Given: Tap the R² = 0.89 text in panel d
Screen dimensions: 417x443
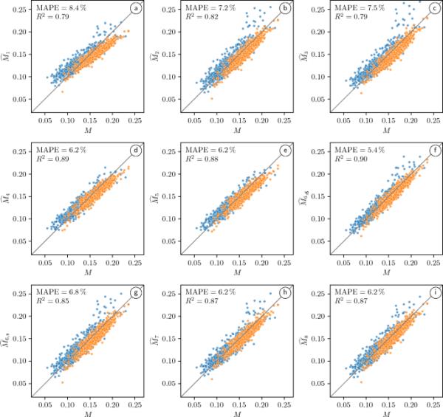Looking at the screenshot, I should coord(46,162).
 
